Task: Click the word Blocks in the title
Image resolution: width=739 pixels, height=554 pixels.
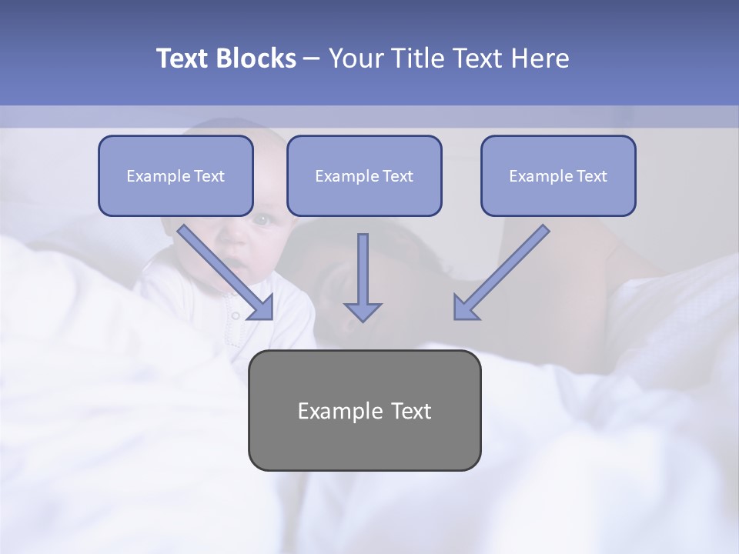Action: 253,58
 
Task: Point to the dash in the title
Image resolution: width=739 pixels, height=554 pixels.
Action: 312,59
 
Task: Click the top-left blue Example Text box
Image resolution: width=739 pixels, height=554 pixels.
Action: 176,175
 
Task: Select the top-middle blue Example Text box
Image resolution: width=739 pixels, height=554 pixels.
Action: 364,175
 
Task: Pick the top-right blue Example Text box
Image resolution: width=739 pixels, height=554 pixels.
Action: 558,175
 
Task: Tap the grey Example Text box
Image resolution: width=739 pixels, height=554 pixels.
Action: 364,410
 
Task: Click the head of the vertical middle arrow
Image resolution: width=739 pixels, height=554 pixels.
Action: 363,312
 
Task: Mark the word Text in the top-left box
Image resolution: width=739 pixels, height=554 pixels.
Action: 209,176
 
